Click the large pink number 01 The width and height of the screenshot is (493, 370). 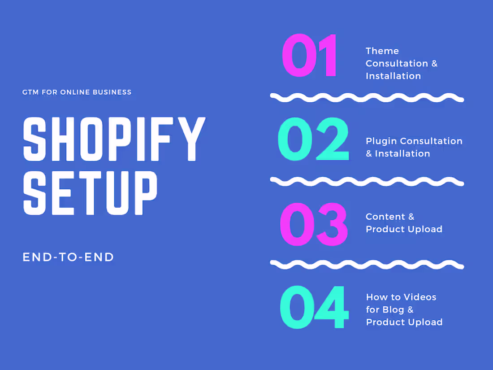pos(310,56)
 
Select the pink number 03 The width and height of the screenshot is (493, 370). pos(314,224)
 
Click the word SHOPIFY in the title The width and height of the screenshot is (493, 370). pos(114,139)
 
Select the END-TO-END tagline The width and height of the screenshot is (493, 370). pos(68,257)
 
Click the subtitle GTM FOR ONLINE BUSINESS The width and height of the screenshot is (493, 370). pos(77,92)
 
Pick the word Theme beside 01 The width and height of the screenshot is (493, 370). pos(382,51)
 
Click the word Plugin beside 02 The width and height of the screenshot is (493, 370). pos(381,141)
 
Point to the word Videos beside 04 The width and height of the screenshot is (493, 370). pos(419,297)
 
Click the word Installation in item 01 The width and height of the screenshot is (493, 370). pos(393,76)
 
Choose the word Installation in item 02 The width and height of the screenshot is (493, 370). pos(402,153)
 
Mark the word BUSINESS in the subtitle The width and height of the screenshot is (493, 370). pos(112,92)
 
